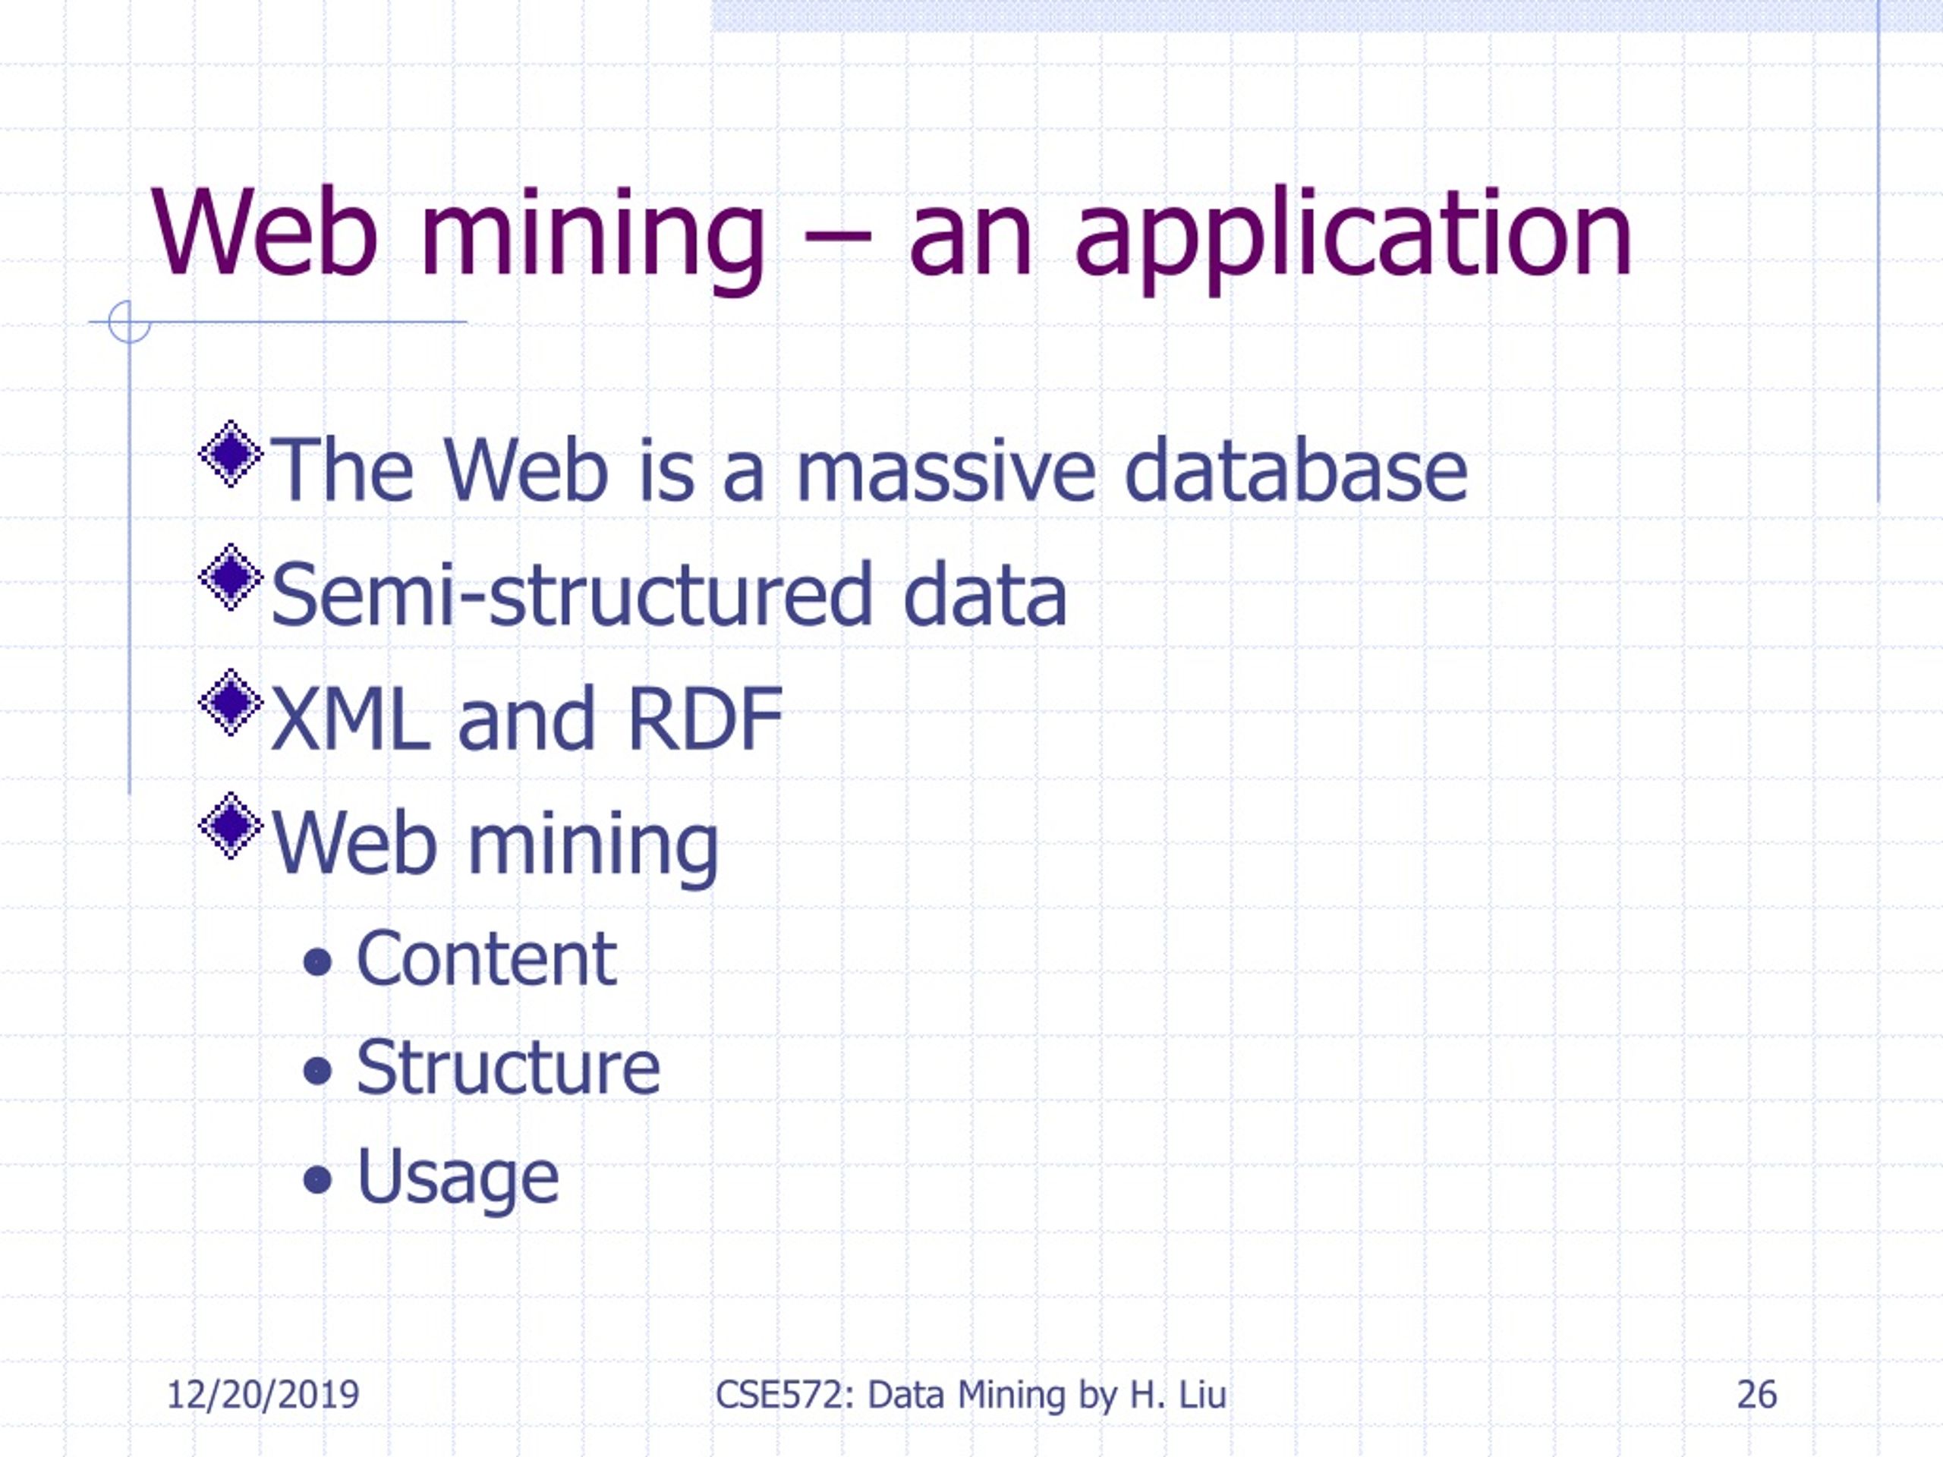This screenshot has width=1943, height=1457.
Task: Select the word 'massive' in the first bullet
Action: click(946, 470)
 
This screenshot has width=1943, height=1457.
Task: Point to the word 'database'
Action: click(1296, 470)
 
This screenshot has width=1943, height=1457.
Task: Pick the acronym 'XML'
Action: click(351, 719)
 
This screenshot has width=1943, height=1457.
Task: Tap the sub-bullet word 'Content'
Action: click(486, 959)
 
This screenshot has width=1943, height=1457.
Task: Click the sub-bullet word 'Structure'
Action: click(508, 1068)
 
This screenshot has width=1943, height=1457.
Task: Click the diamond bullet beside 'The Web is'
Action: click(231, 454)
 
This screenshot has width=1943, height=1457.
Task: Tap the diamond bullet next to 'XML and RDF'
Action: click(231, 702)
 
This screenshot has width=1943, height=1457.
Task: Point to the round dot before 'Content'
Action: click(317, 962)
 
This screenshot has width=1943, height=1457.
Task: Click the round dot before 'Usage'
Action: click(317, 1180)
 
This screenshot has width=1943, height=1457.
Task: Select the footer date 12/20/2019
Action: click(263, 1396)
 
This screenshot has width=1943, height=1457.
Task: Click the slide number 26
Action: click(1757, 1396)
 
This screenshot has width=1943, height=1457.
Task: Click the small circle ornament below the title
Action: click(129, 322)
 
